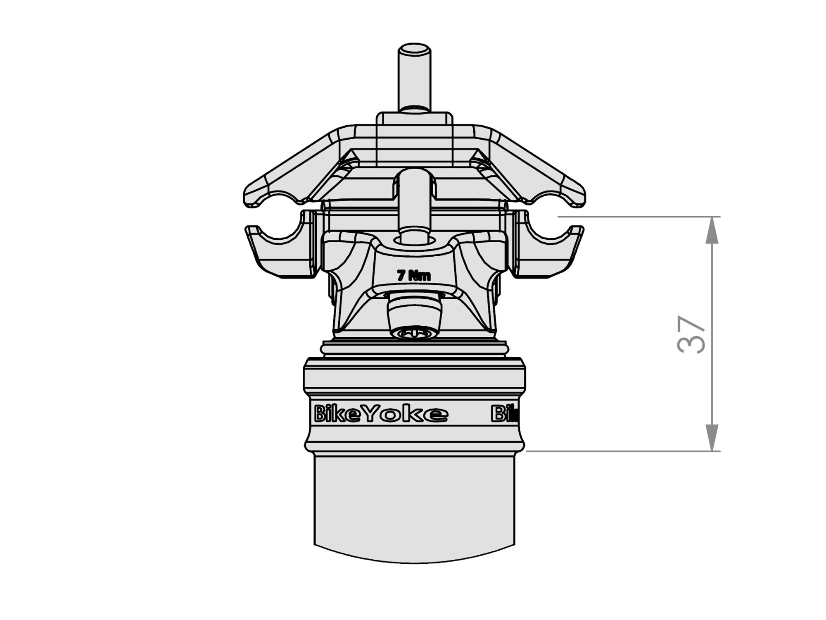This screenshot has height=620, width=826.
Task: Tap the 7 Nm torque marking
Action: [414, 276]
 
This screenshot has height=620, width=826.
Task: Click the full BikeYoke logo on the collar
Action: [380, 414]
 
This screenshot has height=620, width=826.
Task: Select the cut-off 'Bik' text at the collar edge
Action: [504, 413]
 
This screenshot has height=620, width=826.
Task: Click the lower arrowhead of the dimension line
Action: [712, 439]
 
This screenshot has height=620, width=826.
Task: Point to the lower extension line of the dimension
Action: [619, 451]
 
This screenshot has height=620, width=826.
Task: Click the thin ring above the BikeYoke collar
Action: [414, 349]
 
